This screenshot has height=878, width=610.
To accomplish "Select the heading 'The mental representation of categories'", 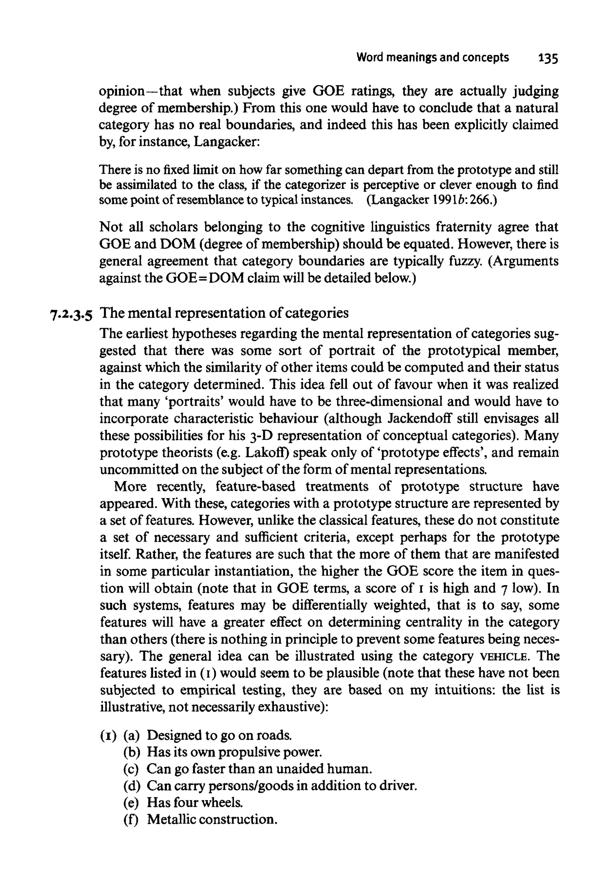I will click(x=224, y=313).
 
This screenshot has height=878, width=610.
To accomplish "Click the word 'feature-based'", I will click(x=255, y=487).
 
